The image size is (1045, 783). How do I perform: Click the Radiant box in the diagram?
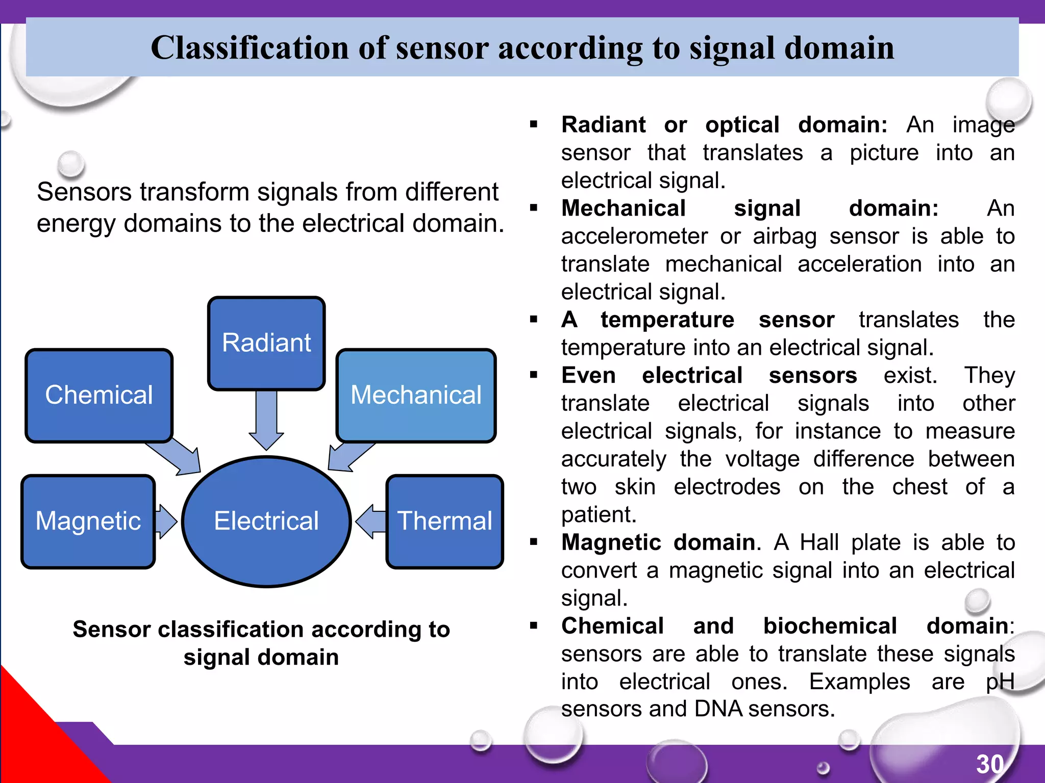coord(266,343)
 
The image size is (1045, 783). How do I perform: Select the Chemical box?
coord(99,395)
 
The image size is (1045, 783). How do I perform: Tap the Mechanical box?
coord(416,395)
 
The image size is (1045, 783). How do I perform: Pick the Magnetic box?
coord(88,521)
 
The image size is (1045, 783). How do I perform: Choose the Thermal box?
coord(445,521)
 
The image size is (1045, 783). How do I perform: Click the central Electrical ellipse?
coord(266,521)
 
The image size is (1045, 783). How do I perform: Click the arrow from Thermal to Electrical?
coord(370,521)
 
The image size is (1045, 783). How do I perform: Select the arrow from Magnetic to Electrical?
coord(165,521)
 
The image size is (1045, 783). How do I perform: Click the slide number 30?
coord(990,764)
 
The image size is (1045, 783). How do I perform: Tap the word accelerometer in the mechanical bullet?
coord(634,237)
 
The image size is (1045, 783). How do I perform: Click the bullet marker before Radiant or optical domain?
coord(534,124)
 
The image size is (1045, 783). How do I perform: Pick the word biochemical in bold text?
coord(830,626)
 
